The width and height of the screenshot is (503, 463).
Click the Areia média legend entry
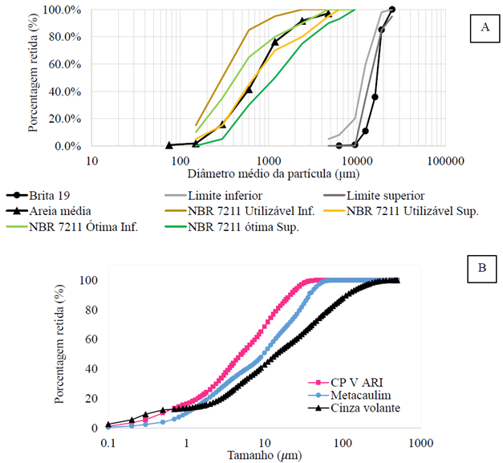click(x=54, y=212)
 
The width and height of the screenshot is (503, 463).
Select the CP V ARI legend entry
click(x=337, y=383)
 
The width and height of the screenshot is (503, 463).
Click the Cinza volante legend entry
click(x=347, y=408)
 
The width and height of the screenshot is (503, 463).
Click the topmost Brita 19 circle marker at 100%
click(x=391, y=10)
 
